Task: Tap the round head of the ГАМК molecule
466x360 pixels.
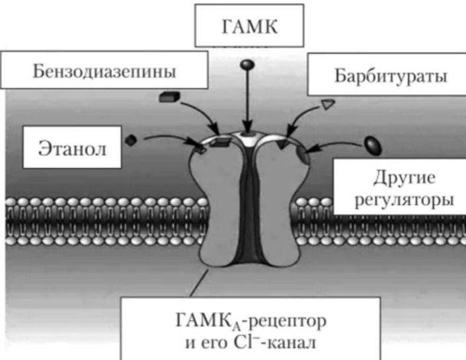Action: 246,65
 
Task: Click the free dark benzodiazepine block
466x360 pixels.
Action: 170,97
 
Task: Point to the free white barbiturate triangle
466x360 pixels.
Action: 329,104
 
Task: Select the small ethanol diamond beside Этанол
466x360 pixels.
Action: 131,139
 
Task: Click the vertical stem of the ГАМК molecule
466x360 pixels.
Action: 246,99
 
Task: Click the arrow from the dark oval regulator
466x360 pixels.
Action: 337,142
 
